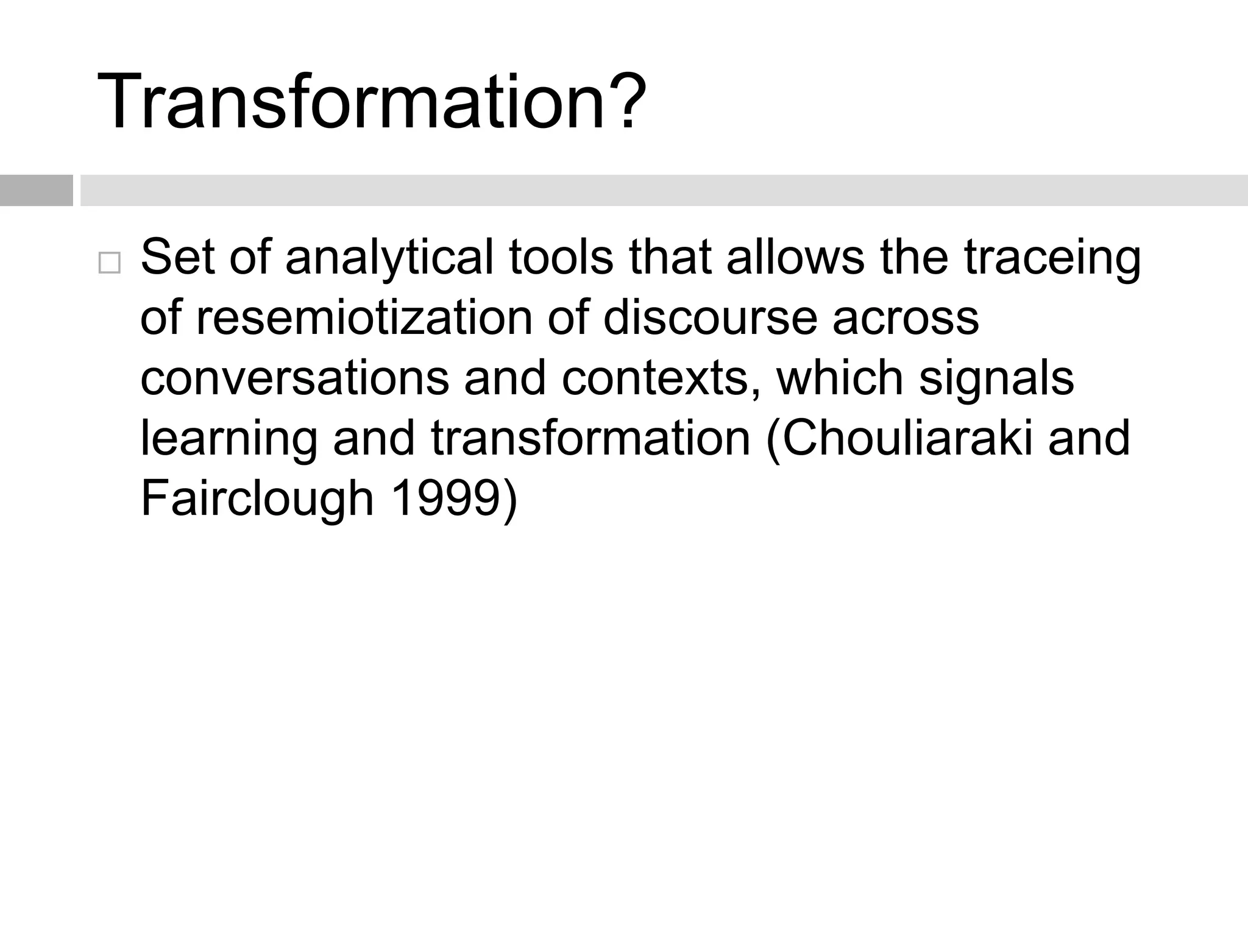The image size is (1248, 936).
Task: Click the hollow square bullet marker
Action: click(x=109, y=263)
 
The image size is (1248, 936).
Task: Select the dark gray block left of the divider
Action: click(x=36, y=190)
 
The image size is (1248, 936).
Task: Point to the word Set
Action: click(x=177, y=257)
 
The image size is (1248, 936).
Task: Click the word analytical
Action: click(x=389, y=257)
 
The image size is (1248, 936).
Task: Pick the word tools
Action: click(x=561, y=257)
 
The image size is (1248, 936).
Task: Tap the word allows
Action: click(x=795, y=257)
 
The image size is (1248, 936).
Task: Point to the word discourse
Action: click(x=709, y=317)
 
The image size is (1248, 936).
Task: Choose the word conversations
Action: click(x=294, y=378)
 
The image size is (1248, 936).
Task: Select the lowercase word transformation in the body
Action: click(x=590, y=438)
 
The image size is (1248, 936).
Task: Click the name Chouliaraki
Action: click(x=899, y=438)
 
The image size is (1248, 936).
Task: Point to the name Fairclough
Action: click(x=257, y=499)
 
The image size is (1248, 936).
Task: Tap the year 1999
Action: click(x=447, y=499)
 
